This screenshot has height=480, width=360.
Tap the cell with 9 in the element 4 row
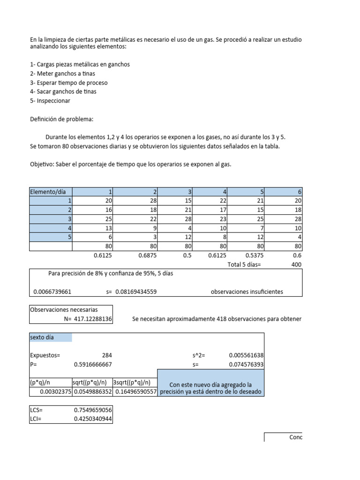coord(153,228)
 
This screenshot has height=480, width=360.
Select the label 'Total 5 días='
coord(244,264)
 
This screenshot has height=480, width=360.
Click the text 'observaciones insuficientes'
coord(247,292)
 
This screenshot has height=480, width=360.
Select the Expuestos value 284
coord(107,355)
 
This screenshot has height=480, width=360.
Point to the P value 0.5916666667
coord(93,364)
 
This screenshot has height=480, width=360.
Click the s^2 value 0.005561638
coord(246,355)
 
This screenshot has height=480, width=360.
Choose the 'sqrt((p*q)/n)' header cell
coord(92,382)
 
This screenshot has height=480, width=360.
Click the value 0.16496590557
coord(135,392)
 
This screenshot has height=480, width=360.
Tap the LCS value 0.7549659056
coord(93,410)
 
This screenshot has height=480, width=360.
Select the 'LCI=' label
coord(36,419)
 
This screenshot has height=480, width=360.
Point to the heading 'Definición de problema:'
coord(61,119)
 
